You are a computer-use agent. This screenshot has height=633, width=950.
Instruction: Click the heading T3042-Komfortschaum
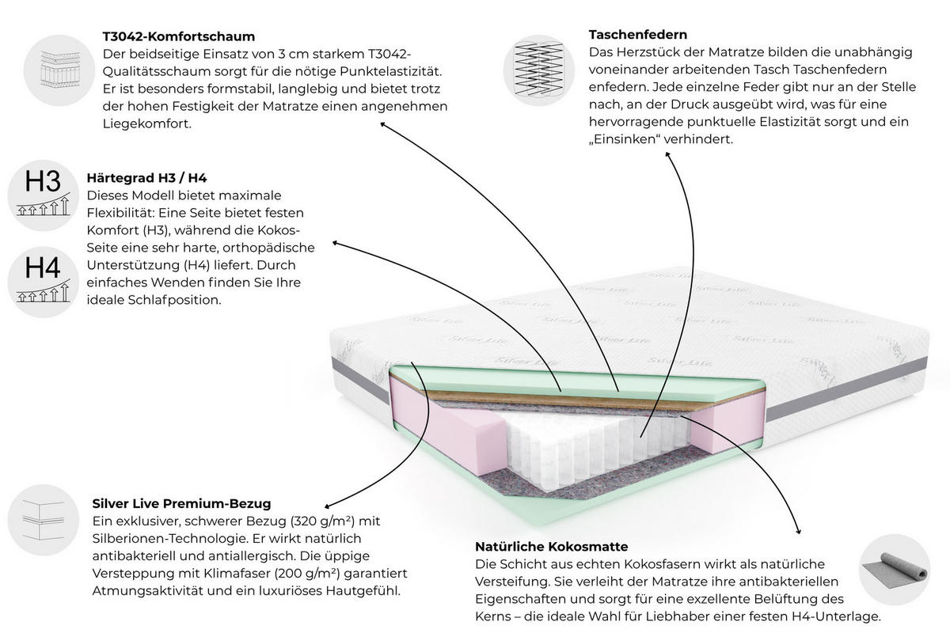tap(179, 36)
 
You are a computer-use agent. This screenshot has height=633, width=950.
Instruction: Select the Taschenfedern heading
tap(638, 34)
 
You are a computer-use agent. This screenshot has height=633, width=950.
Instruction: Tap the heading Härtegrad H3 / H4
tap(146, 178)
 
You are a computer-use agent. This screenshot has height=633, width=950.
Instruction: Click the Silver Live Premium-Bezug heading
tap(181, 504)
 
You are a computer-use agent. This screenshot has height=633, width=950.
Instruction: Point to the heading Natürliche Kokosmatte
tap(551, 547)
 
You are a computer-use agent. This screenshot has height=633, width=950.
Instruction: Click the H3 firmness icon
tap(44, 195)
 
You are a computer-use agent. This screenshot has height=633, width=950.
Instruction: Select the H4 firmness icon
tap(44, 282)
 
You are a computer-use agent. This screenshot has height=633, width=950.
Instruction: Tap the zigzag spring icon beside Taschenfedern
tap(539, 70)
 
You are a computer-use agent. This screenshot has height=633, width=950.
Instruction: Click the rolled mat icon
tap(895, 570)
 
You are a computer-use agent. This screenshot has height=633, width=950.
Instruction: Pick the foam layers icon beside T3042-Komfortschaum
tap(59, 70)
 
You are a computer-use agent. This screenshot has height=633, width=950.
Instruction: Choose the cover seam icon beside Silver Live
tap(44, 520)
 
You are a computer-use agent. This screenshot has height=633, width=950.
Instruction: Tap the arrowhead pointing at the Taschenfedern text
tap(668, 155)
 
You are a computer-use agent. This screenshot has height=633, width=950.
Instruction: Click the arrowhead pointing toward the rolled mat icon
tap(798, 530)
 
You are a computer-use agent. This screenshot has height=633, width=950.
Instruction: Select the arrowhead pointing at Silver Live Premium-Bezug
tap(328, 506)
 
